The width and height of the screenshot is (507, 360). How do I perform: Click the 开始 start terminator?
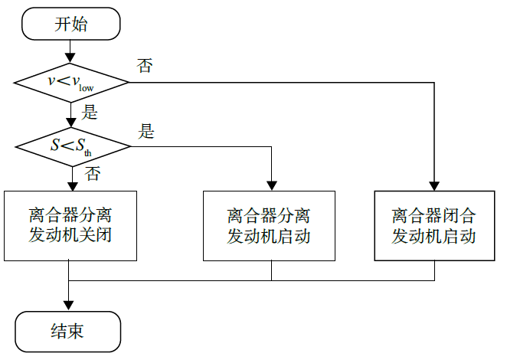pos(70,25)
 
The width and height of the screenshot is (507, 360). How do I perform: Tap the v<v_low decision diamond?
pos(70,82)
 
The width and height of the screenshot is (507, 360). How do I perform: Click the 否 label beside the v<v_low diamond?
pos(144,65)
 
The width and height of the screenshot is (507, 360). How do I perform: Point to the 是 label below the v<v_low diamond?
pos(90,113)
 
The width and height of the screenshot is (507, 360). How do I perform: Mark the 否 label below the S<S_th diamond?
pos(92,175)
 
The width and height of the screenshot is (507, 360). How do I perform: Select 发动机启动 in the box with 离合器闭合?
pos(434,236)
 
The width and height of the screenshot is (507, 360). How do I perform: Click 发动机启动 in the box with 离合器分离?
pos(269,236)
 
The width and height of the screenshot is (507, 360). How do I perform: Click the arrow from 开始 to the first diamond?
pos(70,51)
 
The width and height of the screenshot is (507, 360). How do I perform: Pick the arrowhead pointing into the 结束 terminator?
pos(70,306)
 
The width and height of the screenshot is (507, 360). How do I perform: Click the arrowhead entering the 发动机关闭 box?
pos(70,185)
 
